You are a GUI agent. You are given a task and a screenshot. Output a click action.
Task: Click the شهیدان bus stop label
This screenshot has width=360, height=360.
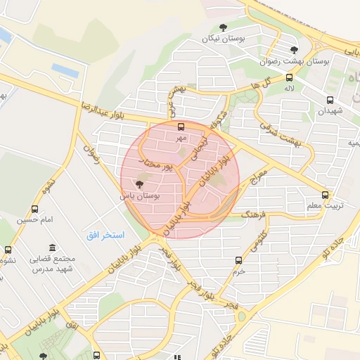point(328,111)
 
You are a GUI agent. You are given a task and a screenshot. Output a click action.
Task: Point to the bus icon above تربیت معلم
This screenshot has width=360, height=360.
point(325,195)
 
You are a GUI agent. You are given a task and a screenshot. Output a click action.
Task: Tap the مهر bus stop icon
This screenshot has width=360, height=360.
point(181,127)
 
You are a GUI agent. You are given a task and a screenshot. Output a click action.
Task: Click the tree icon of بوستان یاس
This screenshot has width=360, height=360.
point(137,186)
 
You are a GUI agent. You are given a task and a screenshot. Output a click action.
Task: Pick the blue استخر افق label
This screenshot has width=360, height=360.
point(105,234)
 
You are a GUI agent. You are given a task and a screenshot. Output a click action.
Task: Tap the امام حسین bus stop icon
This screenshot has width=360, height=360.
point(35,209)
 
